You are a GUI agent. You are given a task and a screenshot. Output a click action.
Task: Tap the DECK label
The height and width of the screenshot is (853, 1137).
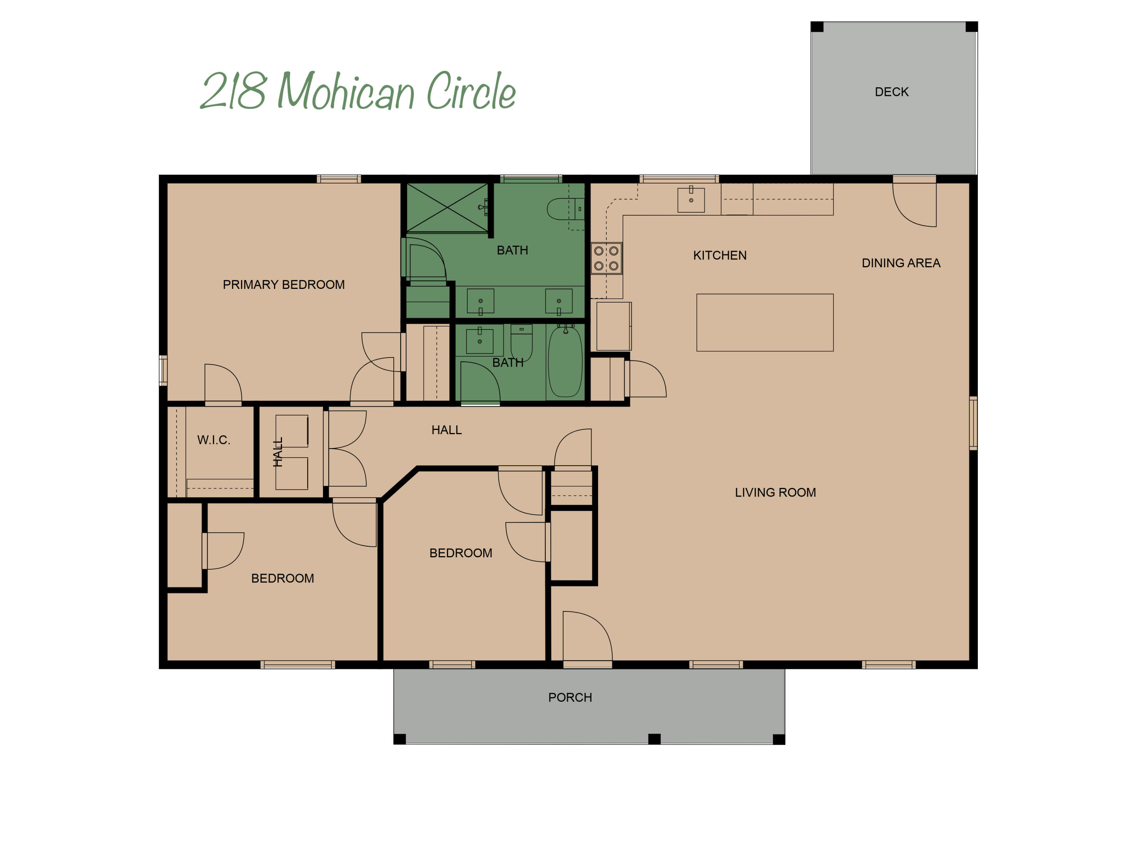pos(891,92)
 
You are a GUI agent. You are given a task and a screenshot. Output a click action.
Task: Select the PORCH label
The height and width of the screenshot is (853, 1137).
pos(570,697)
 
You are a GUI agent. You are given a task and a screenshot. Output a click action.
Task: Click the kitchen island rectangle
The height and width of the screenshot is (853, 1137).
pos(764,322)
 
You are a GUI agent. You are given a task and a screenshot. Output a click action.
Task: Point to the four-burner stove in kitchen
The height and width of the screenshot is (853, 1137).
pos(606,258)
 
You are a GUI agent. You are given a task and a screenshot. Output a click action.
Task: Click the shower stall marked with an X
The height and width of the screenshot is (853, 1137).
pos(447,208)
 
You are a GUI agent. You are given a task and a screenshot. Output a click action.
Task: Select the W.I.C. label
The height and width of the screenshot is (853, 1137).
pos(213,440)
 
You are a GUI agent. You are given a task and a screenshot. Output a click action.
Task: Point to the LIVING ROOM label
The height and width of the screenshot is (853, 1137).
pos(775,492)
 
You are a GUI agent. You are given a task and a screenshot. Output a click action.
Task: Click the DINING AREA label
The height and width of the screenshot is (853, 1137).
pos(901,263)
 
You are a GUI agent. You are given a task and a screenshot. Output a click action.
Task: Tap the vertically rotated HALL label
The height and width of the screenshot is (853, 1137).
pos(277,452)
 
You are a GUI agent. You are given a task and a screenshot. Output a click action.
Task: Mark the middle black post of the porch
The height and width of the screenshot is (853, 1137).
pos(654,739)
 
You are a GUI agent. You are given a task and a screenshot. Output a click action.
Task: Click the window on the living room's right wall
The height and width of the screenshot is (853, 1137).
pos(973,423)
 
